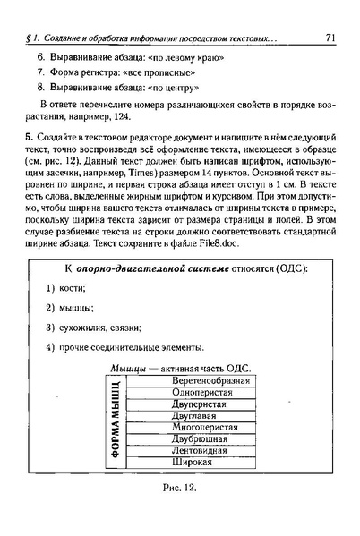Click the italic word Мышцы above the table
click(x=129, y=369)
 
